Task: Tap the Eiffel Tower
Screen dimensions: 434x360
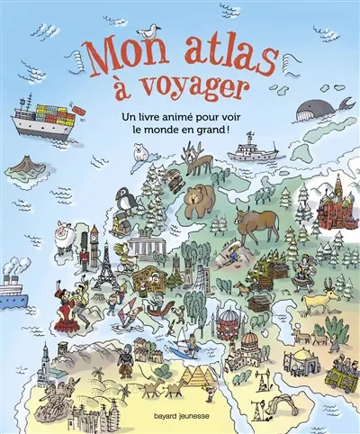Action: [105, 260]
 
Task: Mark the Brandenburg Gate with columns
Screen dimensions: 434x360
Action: [145, 246]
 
